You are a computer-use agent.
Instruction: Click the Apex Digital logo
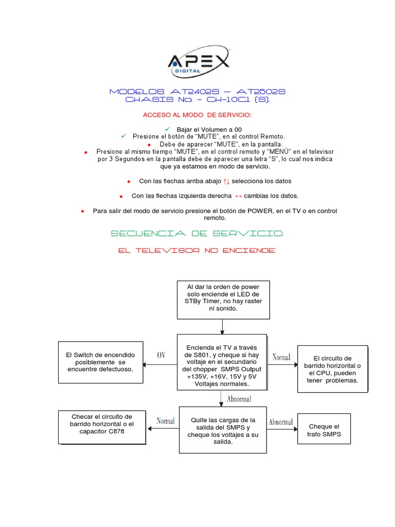(198, 63)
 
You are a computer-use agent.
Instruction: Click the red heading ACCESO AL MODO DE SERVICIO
(197, 114)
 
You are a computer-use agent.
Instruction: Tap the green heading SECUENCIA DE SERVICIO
(197, 234)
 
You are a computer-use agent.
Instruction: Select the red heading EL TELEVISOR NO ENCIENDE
(197, 250)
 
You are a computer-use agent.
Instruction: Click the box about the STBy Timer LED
(222, 297)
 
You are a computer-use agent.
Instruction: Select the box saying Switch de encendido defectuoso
(100, 362)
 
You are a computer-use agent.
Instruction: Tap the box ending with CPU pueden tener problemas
(333, 369)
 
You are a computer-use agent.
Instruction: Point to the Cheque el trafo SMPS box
(324, 430)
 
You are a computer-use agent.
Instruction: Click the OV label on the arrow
(161, 355)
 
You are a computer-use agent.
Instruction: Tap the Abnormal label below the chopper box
(239, 399)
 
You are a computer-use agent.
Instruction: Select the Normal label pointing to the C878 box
(166, 421)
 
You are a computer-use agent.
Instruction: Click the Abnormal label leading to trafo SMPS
(280, 422)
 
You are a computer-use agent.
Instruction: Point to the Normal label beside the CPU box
(281, 357)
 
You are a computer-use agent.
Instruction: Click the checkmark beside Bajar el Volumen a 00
(168, 128)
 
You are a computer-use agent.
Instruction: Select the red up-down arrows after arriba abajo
(226, 181)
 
